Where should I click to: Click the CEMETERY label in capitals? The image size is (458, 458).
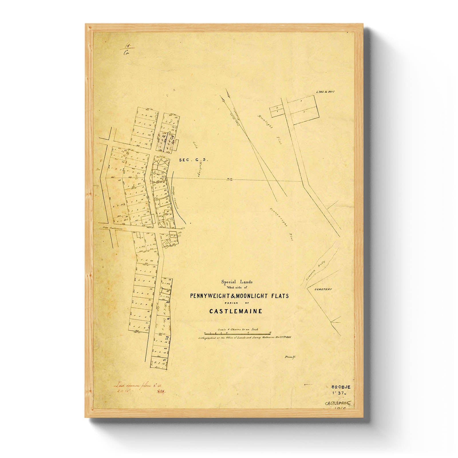[x=323, y=289]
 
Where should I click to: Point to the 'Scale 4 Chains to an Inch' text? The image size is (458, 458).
[x=238, y=329]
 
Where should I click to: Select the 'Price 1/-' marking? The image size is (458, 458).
[x=290, y=358]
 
